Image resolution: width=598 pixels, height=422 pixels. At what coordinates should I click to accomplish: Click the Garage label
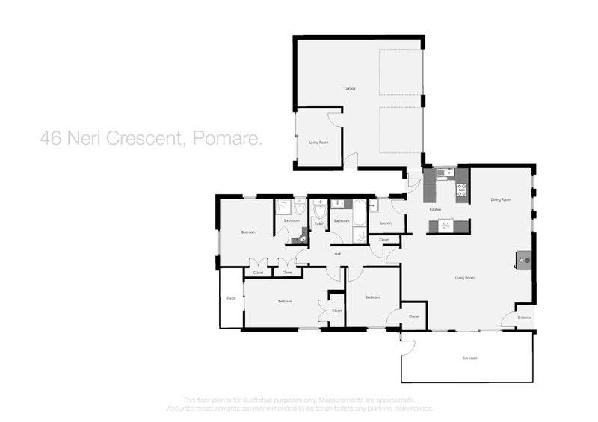coord(349,89)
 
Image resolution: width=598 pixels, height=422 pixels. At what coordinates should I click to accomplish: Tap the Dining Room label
coord(500,199)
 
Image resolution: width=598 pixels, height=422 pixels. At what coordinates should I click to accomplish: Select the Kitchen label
coord(435,210)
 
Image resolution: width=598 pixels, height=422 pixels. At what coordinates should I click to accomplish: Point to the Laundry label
coord(386,223)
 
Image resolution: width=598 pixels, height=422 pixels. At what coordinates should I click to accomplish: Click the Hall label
coord(338,255)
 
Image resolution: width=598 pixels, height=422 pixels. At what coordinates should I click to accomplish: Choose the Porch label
coord(231,299)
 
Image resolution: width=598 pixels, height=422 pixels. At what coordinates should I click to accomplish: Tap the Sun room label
coord(469,359)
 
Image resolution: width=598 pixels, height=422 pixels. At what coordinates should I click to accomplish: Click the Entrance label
coord(525,317)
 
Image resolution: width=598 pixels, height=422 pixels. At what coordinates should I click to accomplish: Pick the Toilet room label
coord(318,223)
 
